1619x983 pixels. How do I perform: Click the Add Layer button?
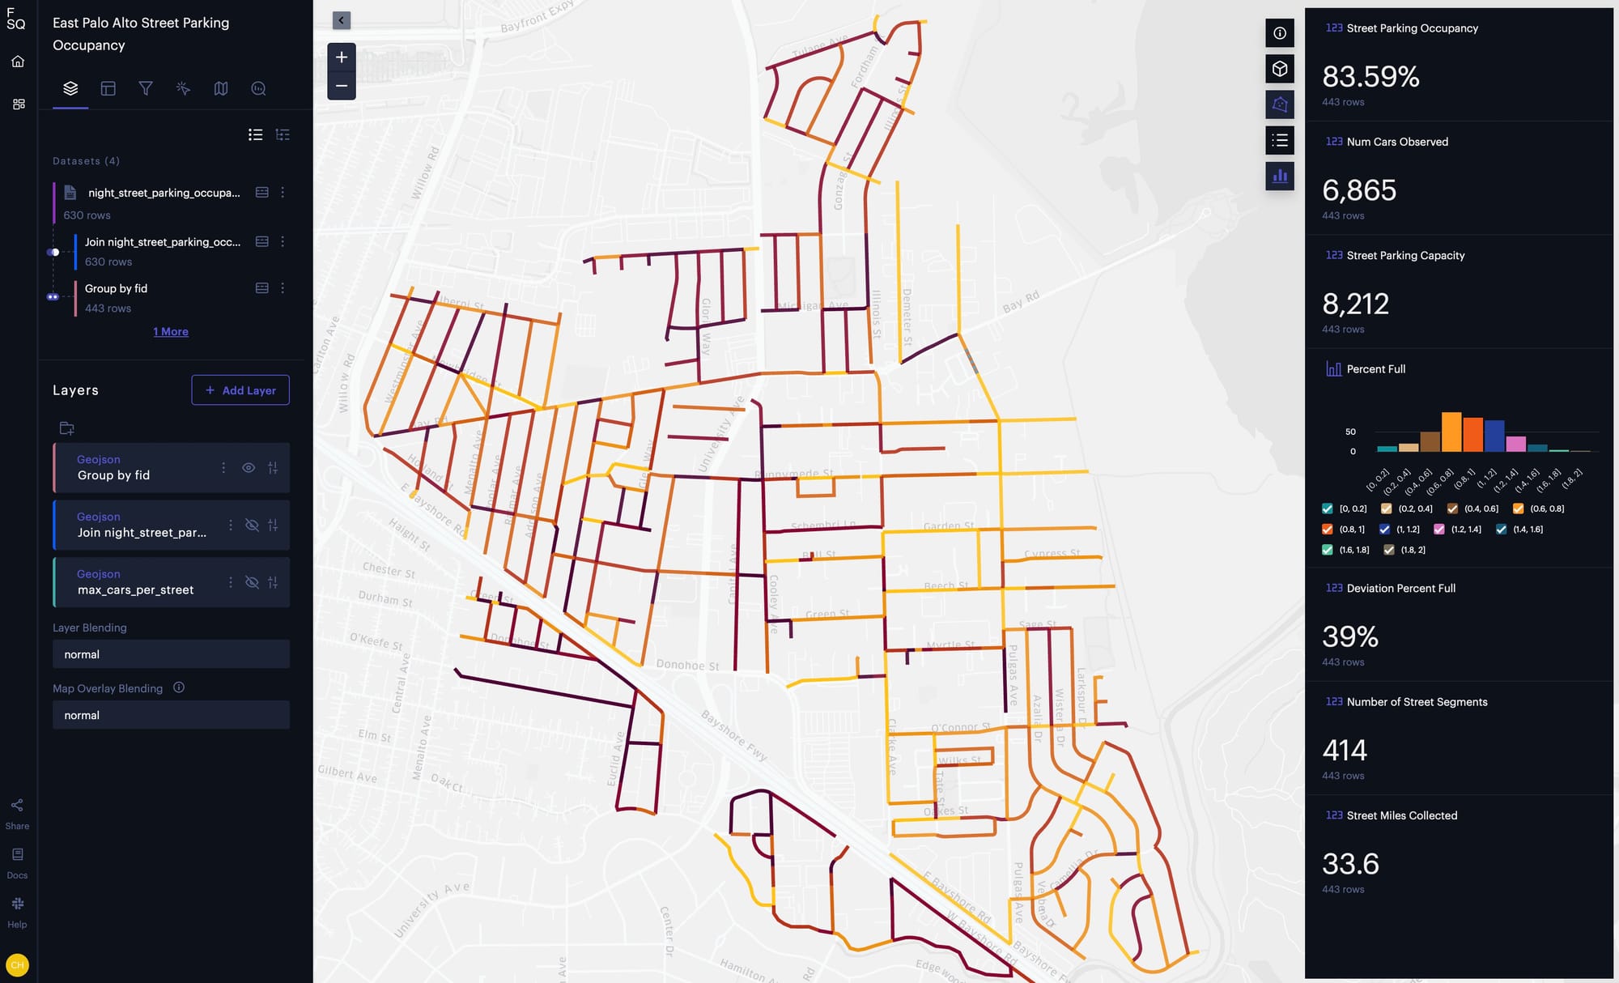coord(240,390)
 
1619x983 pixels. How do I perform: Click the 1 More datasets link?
coord(171,332)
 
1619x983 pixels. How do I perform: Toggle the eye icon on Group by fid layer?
coord(249,468)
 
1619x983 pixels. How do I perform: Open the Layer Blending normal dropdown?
coord(171,654)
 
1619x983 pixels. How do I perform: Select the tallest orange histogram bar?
coord(1451,432)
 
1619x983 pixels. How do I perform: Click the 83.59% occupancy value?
coord(1370,77)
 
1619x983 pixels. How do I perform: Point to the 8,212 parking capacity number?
coord(1356,304)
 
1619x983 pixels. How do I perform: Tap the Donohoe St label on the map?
coord(687,666)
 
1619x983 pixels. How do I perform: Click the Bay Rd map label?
coord(1021,302)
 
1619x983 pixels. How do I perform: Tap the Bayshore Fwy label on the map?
coord(733,735)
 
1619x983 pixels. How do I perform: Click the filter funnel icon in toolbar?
coord(146,88)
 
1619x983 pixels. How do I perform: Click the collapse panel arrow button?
coord(342,20)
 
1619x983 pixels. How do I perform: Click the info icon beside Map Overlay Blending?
coord(179,687)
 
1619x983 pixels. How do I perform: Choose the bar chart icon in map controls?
coord(1280,176)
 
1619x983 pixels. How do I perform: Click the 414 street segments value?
coord(1345,751)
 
